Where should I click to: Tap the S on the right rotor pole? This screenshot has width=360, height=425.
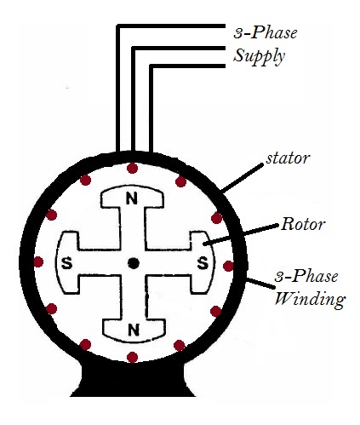203,261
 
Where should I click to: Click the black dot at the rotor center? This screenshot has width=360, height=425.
133,263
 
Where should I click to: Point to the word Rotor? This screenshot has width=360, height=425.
303,227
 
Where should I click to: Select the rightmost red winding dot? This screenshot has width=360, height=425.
228,266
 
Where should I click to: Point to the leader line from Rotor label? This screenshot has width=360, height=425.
246,235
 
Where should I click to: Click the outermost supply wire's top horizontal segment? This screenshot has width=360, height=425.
170,26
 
